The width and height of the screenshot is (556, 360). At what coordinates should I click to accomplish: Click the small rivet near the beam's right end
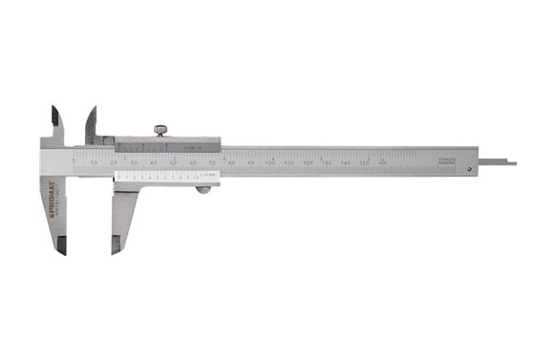(471, 169)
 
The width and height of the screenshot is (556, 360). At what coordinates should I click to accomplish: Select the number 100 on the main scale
(269, 164)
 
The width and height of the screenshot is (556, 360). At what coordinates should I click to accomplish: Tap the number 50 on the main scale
(173, 164)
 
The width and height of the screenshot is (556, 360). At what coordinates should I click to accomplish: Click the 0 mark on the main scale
(75, 162)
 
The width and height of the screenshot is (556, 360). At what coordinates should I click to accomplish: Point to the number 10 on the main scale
(94, 164)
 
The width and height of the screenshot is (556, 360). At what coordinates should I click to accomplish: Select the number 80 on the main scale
(231, 164)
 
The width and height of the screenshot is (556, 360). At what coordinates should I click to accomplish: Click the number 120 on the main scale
(309, 164)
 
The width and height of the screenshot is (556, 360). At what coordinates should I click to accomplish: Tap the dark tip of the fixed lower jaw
(60, 245)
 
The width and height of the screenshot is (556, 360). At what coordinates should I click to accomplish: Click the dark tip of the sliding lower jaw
(117, 247)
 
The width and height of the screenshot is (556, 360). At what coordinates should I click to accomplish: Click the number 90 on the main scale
(250, 164)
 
